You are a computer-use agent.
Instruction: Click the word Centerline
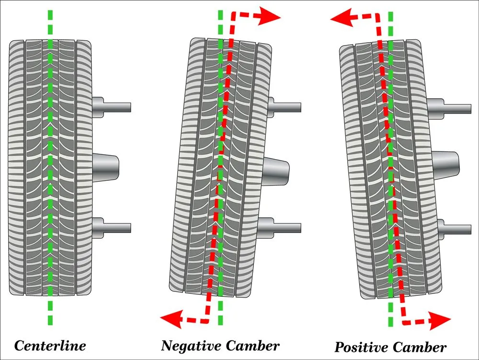50,346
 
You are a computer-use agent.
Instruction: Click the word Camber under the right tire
422,347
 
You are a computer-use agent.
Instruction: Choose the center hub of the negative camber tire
277,169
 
